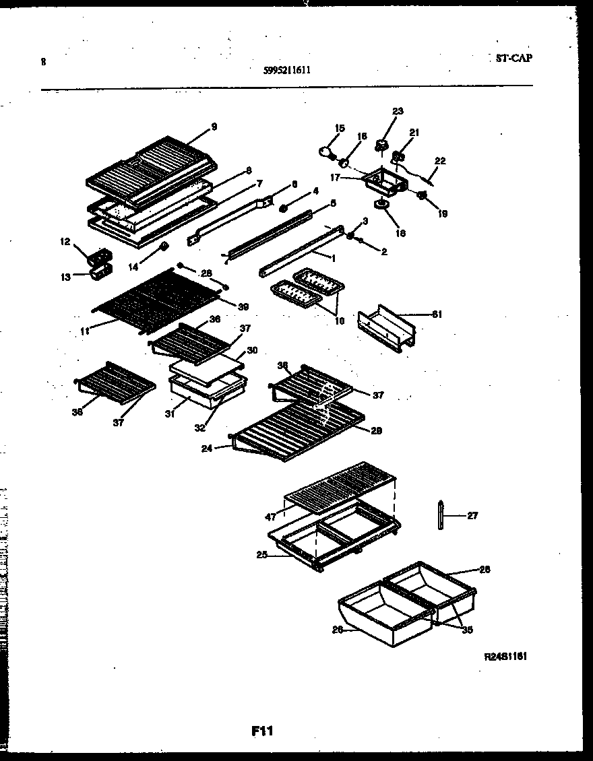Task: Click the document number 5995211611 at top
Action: [x=288, y=69]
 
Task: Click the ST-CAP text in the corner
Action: [x=509, y=59]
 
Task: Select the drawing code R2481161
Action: [x=505, y=656]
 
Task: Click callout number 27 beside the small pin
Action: [x=472, y=516]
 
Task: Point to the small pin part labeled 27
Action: [x=440, y=516]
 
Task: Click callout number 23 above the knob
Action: [x=398, y=111]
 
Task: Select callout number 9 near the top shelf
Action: [x=214, y=126]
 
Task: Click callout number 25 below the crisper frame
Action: [x=261, y=555]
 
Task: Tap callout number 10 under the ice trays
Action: [x=339, y=321]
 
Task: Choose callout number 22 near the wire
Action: [x=440, y=161]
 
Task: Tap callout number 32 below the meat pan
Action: [x=200, y=426]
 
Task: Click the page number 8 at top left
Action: [x=43, y=62]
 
